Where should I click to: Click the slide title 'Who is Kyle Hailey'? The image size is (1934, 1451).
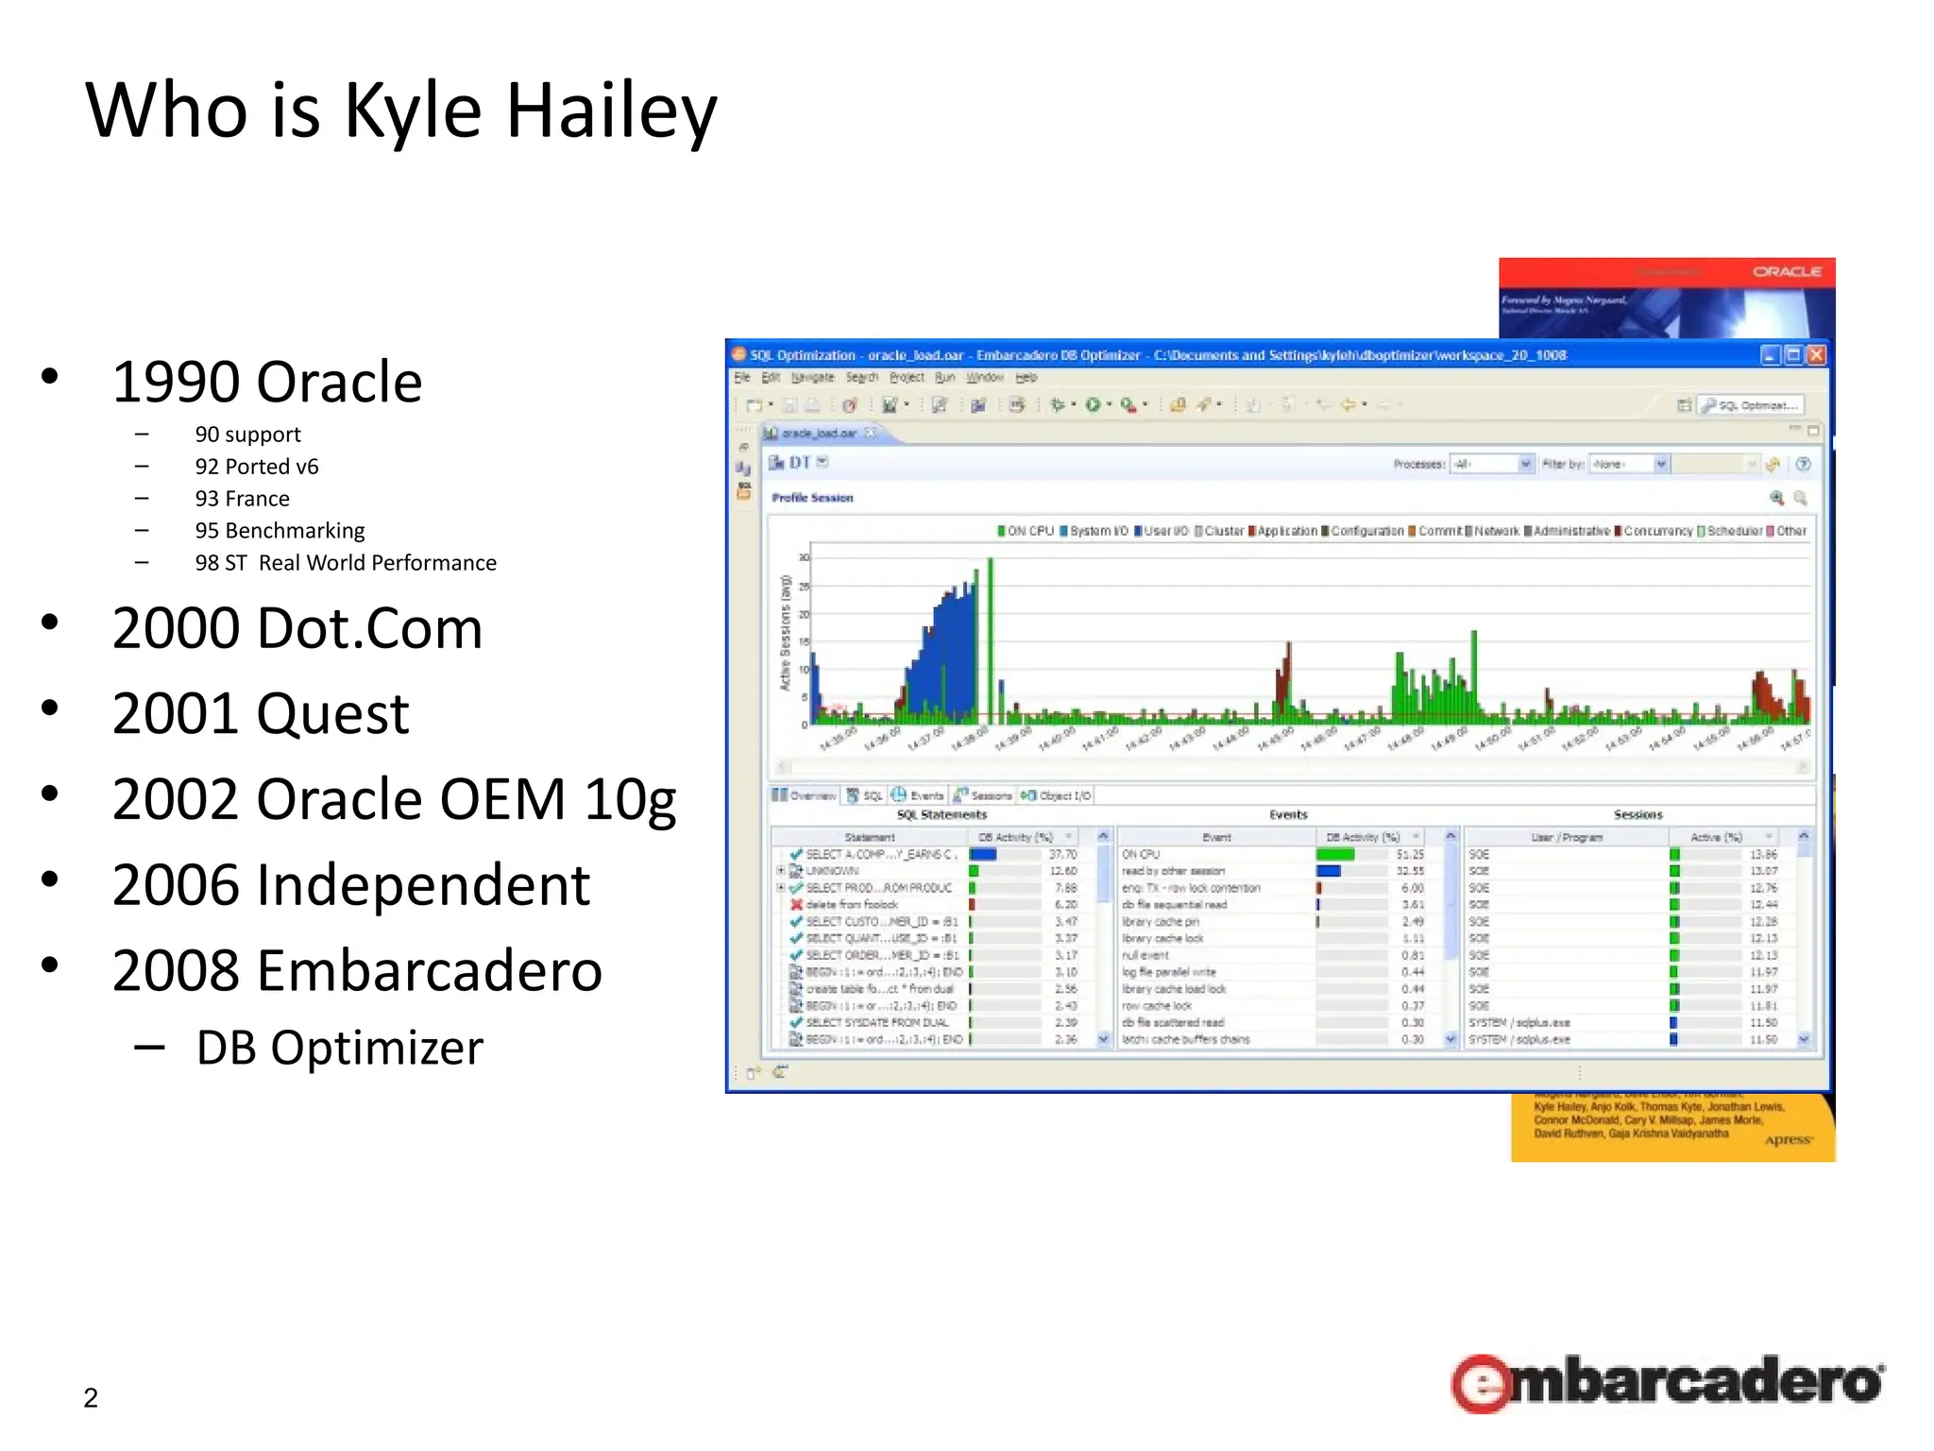[x=401, y=111]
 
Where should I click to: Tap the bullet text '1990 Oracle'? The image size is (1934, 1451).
[x=266, y=383]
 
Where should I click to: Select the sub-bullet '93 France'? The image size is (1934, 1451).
[x=242, y=499]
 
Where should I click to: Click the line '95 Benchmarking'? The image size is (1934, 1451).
[x=280, y=531]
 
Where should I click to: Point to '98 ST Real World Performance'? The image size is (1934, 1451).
[x=345, y=563]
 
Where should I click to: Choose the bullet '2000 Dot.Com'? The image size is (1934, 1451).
[x=297, y=629]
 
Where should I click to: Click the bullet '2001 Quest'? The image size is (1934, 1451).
[x=260, y=714]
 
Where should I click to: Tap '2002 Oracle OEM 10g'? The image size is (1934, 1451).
[x=394, y=800]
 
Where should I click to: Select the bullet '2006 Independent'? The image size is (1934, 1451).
[x=350, y=886]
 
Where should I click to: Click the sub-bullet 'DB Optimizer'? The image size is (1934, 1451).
[x=339, y=1049]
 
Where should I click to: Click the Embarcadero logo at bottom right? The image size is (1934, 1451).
[x=1667, y=1383]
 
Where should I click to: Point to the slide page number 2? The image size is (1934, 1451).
[x=91, y=1398]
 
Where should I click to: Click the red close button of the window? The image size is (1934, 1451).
[x=1816, y=355]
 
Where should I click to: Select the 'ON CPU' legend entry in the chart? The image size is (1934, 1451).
[x=1026, y=531]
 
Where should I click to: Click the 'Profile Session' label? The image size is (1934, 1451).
[x=812, y=498]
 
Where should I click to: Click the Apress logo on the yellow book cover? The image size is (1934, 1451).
[x=1788, y=1140]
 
